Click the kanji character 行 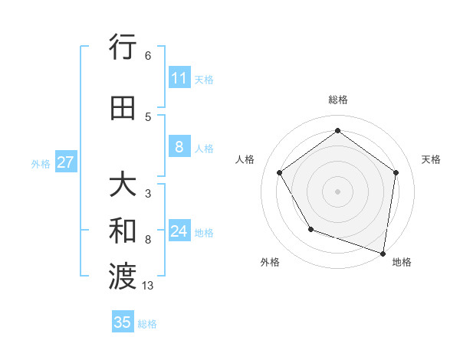(x=123, y=48)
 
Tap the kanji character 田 (x=123, y=108)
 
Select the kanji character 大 (x=123, y=186)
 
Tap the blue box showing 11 (x=179, y=78)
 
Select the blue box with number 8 (x=179, y=147)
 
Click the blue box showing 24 (x=179, y=231)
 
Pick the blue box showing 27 (x=66, y=162)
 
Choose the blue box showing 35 (x=123, y=322)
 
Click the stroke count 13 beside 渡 (x=148, y=286)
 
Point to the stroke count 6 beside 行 (x=147, y=56)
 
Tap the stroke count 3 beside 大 (x=147, y=194)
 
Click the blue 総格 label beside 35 (x=147, y=324)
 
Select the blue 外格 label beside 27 (x=41, y=163)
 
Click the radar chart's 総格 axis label (x=337, y=100)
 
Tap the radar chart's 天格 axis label (x=431, y=159)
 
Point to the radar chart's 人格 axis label (x=245, y=159)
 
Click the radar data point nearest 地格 (x=383, y=252)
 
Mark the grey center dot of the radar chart (x=337, y=191)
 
